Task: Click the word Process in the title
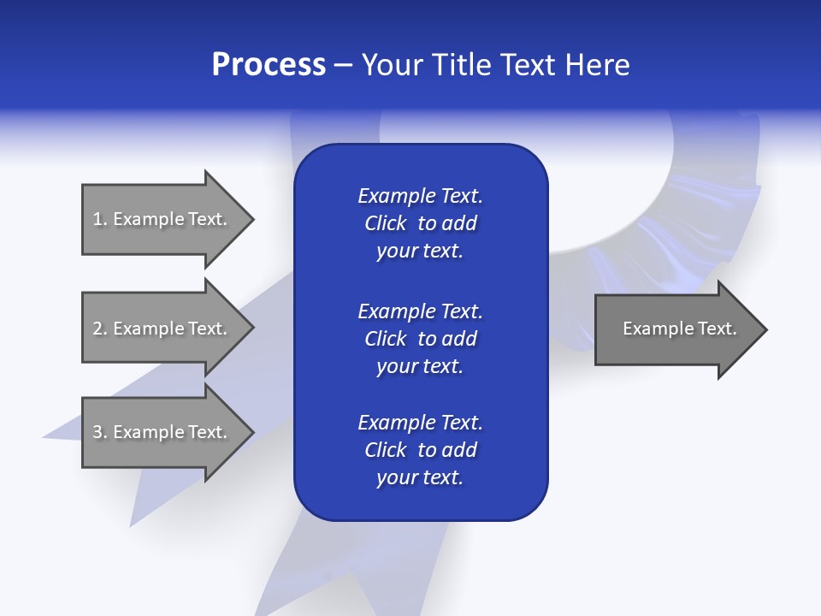point(269,65)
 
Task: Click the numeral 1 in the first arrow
point(97,219)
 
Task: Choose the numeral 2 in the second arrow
point(97,329)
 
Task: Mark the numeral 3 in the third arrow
point(97,432)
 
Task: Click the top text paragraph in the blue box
point(420,223)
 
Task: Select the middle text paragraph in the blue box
point(420,339)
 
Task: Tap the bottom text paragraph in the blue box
point(420,450)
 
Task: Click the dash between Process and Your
point(343,66)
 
